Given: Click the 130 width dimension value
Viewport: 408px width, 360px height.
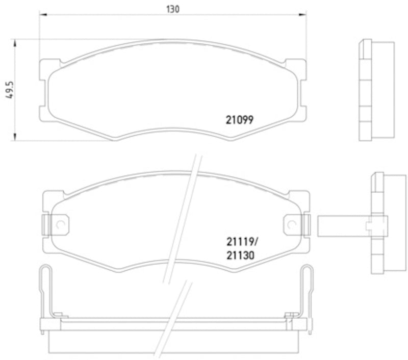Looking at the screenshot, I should click(x=173, y=9).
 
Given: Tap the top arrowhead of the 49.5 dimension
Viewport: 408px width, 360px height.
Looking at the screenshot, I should click(x=15, y=42).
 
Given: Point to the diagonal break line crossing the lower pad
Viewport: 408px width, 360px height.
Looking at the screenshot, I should click(x=180, y=219).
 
